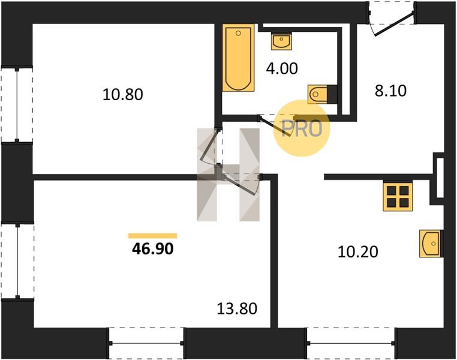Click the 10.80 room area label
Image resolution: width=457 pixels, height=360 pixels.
tap(123, 95)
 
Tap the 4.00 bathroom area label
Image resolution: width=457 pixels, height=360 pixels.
tap(282, 69)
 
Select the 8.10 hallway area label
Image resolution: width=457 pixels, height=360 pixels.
tap(390, 91)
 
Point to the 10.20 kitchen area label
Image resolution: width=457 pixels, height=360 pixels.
tap(358, 251)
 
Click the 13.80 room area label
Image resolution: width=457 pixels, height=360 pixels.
tap(237, 308)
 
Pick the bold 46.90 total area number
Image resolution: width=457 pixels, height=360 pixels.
tap(153, 248)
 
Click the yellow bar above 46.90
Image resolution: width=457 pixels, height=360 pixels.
tap(152, 236)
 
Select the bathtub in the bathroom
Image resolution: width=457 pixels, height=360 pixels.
tap(238, 58)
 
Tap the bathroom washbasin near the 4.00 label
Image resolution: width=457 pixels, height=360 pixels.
tap(281, 41)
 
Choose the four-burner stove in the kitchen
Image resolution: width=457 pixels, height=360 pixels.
tap(398, 196)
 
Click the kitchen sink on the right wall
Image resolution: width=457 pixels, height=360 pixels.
tap(431, 244)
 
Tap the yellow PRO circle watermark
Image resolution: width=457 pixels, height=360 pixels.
tap(301, 128)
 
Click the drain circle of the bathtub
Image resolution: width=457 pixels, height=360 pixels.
tap(238, 33)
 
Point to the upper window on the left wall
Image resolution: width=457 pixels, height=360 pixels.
tap(17, 105)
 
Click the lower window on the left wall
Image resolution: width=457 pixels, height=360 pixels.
tap(17, 261)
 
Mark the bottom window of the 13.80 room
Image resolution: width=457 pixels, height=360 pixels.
tap(146, 343)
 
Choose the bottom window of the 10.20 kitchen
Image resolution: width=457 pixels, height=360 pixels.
tap(351, 343)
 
